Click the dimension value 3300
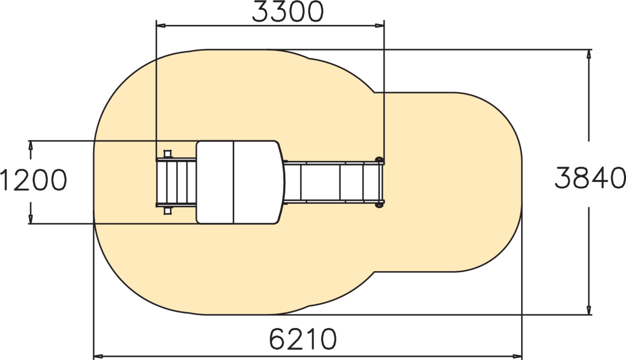click(x=288, y=12)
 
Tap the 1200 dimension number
click(x=33, y=180)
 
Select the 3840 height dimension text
click(x=590, y=177)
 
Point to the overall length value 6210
click(x=303, y=339)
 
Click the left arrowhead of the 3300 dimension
click(x=161, y=26)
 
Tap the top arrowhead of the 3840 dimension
click(x=589, y=54)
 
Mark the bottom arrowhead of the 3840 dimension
click(x=589, y=310)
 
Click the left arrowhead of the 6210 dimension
click(x=98, y=356)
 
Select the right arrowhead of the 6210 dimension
click(x=517, y=356)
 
